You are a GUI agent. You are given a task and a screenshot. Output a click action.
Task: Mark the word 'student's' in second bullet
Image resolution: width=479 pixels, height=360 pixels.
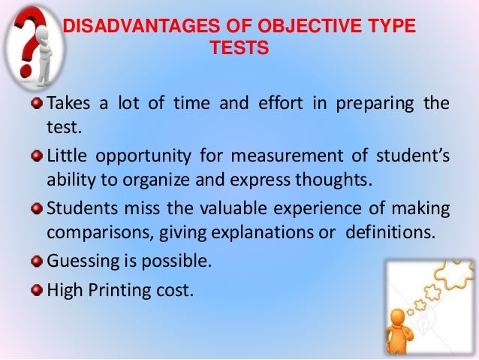click(408, 157)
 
